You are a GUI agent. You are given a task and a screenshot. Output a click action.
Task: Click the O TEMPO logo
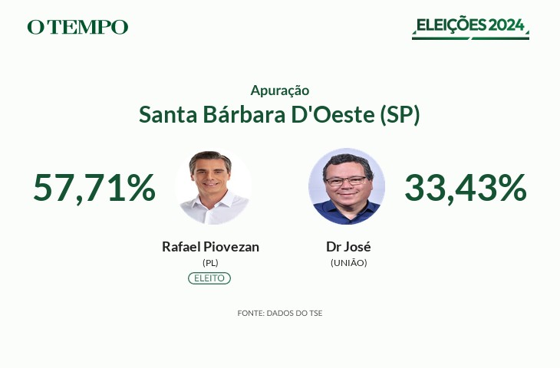click(77, 27)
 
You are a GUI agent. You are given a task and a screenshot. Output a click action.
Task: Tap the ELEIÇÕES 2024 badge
click(470, 28)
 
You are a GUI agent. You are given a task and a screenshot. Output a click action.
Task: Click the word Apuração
click(280, 90)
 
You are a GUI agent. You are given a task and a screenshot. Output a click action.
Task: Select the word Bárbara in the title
click(244, 114)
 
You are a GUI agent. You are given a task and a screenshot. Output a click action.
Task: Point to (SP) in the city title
click(400, 115)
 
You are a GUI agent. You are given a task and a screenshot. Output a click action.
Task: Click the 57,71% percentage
click(94, 188)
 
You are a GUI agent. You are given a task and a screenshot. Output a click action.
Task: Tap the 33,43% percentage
click(466, 188)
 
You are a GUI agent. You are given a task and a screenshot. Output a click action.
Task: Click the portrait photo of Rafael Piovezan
click(213, 186)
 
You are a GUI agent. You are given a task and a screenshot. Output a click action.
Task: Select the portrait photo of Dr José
click(347, 186)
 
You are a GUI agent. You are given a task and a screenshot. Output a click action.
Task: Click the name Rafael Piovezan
click(210, 247)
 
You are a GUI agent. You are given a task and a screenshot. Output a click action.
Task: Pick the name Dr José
click(348, 247)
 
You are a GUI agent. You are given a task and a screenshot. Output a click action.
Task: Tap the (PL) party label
click(210, 263)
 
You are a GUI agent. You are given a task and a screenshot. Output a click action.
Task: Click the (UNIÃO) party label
click(348, 263)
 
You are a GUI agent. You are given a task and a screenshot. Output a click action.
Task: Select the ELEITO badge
click(209, 278)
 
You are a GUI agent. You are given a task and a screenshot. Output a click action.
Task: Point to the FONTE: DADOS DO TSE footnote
click(280, 314)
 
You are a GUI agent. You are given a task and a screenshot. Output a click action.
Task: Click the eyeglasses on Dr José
click(346, 181)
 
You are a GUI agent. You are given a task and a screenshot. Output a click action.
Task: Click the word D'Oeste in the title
click(333, 114)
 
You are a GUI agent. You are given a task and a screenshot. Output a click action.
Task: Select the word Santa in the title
click(168, 114)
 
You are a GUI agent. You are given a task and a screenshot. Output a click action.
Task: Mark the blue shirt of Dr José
click(347, 212)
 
